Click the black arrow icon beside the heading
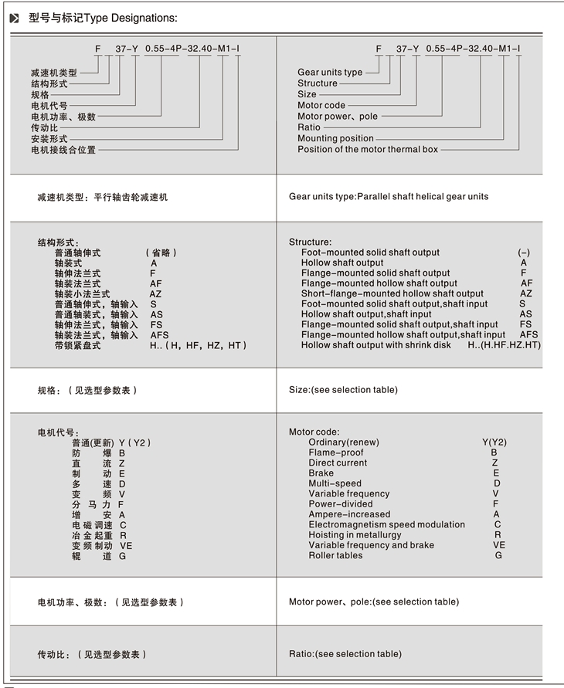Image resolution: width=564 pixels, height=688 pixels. tap(14, 17)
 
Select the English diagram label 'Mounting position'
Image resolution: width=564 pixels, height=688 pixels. tap(335, 138)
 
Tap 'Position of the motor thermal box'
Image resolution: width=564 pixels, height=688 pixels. tap(367, 149)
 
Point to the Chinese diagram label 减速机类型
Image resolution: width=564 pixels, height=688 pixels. tap(54, 73)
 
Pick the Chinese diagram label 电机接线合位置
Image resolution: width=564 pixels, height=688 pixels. tap(63, 150)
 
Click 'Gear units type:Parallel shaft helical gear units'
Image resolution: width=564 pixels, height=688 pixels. tap(389, 197)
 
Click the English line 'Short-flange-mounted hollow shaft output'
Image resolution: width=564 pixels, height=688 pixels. tap(392, 293)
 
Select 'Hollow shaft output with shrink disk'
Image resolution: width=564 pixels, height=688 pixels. tap(376, 345)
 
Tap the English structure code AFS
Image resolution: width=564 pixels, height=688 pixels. tap(528, 335)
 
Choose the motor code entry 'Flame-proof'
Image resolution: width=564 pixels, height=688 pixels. tap(335, 452)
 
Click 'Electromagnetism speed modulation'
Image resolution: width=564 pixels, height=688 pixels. tap(386, 524)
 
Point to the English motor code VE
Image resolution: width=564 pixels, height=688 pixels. tap(499, 545)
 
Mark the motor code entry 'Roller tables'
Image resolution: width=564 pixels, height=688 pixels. tap(335, 555)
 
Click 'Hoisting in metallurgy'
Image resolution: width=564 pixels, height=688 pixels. tap(355, 534)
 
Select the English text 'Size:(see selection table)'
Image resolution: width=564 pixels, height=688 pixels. tap(343, 390)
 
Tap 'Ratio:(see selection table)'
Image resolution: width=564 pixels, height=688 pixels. tap(345, 654)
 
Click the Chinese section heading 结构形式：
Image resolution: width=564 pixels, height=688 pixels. tap(59, 242)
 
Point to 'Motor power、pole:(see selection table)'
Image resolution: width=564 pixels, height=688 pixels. tap(373, 602)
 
